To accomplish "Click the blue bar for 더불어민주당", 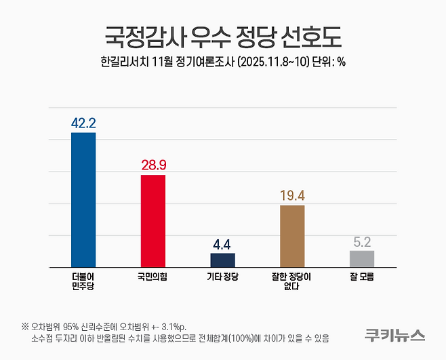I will coord(83,199).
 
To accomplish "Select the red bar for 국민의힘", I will coord(153,220).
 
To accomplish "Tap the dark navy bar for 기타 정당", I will coord(223,260).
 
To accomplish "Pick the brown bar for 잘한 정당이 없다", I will coord(292,235).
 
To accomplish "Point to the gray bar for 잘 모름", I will coord(362,258).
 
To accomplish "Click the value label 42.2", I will coord(83,123).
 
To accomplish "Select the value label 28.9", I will coord(153,165).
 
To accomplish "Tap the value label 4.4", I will coord(223,244).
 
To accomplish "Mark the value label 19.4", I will coord(292,196).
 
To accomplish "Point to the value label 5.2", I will coord(362,241).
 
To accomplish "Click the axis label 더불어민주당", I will coord(83,281).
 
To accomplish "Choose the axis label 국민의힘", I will coord(153,277).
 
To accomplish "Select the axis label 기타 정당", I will coord(223,277).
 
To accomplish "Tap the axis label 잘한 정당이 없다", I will coord(292,281).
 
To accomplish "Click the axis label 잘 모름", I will coord(362,277).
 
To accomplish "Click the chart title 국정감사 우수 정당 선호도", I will coord(223,34).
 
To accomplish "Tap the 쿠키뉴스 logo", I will coord(395,334).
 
